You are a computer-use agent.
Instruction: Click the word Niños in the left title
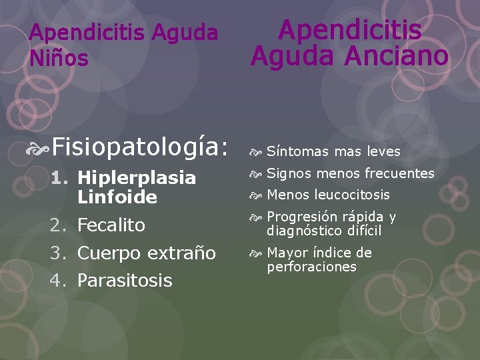coord(59,59)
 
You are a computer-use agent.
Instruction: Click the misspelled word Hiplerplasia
coord(137,178)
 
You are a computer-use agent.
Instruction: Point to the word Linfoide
coord(117,197)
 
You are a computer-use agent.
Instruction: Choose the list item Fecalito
coord(111,225)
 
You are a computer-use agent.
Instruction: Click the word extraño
coord(181,253)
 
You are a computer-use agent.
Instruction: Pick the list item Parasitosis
coord(125,281)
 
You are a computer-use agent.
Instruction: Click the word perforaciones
coord(312,267)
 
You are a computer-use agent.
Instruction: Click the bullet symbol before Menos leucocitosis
coord(257,195)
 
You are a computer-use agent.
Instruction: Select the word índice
coord(331,253)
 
